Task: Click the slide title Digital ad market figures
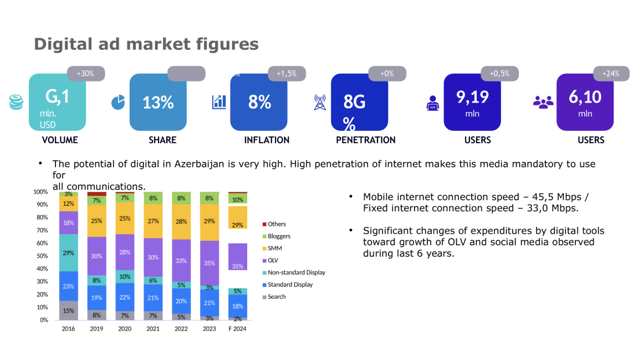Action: coord(146,44)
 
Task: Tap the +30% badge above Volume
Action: coord(86,73)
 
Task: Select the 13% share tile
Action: coord(158,102)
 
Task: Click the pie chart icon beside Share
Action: coord(118,102)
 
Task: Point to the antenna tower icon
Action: coord(320,102)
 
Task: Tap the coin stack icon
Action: coord(17,102)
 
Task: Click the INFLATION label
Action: coord(267,140)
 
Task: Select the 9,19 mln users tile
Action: coord(472,102)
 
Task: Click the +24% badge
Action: coord(611,73)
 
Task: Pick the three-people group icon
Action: coord(543,102)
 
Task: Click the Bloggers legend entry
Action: coord(277,236)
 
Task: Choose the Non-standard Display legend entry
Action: coord(294,272)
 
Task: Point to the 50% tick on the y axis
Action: coord(42,256)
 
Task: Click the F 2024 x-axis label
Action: coord(237,328)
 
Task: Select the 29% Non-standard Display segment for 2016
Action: coord(69,253)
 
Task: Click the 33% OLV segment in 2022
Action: coord(181,260)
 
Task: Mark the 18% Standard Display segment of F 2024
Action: coord(238,306)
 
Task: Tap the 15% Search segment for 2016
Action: coord(69,310)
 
